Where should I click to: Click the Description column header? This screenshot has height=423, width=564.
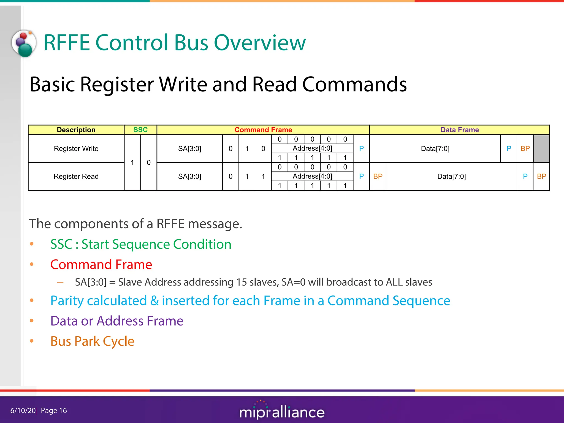tap(76, 130)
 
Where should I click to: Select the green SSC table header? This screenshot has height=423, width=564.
tap(140, 130)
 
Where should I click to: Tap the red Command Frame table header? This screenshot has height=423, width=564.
tap(263, 130)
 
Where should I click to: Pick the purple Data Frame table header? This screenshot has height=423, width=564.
tap(459, 130)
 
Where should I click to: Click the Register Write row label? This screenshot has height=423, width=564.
tap(76, 149)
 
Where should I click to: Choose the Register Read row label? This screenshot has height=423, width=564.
tap(76, 177)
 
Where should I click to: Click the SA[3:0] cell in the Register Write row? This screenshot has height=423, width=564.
tap(189, 149)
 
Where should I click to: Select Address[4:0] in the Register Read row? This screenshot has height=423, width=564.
tap(312, 176)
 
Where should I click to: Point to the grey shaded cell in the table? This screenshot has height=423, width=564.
tap(541, 149)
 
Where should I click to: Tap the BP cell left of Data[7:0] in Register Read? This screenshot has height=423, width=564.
tap(378, 177)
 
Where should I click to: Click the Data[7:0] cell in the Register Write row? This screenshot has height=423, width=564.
tap(435, 149)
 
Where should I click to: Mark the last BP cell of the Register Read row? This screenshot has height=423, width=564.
tap(541, 177)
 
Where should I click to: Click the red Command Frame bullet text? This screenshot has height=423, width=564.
tap(101, 265)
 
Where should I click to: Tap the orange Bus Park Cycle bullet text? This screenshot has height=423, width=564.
tap(92, 341)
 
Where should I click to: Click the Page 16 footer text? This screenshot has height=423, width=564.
tap(54, 411)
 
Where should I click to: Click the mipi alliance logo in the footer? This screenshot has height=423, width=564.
tap(282, 411)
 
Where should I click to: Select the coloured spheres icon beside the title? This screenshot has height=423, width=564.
tap(24, 44)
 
